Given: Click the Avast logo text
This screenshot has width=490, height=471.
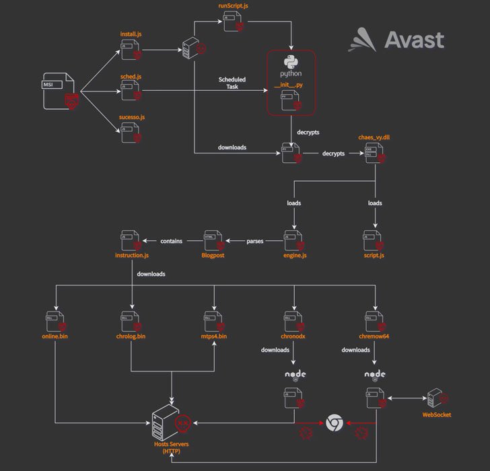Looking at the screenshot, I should pos(414,40).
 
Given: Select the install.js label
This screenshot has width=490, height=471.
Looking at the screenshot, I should pos(131,34).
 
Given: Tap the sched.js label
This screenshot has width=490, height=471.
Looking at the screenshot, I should pos(131,77).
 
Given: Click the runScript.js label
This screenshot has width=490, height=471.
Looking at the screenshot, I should pos(232,6).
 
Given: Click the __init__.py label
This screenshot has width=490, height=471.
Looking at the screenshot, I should pos(291,85).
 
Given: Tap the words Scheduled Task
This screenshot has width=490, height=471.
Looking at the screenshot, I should pos(232,83).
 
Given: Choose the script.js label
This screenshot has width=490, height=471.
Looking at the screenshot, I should pos(374,256).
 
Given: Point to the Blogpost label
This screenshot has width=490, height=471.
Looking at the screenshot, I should pos(212,256).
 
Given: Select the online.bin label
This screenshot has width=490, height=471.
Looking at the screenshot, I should pos(55,335).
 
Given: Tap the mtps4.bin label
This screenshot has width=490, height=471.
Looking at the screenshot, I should pos(214,335).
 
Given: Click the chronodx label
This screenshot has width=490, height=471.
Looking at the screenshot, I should pos(293,335).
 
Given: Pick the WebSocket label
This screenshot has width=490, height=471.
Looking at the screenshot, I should pos(436,414).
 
